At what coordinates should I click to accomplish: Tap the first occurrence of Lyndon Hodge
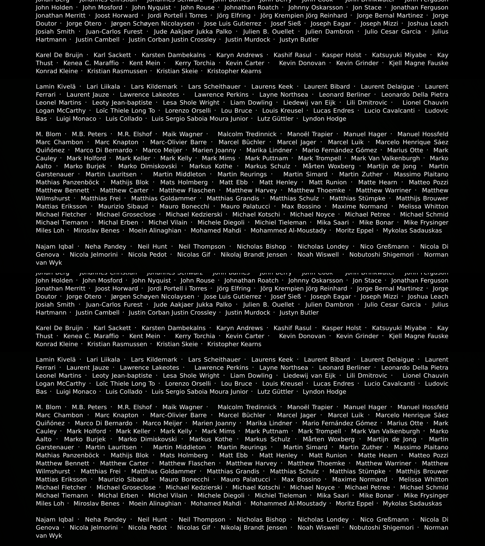324,119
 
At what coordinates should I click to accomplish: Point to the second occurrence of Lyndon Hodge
324,392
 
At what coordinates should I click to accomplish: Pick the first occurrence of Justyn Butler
299,40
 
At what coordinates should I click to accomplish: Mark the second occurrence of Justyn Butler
299,313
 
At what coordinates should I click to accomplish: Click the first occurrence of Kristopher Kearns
234,71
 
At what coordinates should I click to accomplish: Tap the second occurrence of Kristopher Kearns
234,344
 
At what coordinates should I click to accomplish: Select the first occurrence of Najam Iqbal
55,247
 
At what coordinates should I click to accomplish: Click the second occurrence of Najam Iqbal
55,520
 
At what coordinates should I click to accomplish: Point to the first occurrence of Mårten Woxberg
329,166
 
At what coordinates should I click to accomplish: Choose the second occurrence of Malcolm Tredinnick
247,407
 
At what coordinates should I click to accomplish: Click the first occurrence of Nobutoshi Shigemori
381,255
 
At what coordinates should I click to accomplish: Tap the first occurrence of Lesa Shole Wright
191,103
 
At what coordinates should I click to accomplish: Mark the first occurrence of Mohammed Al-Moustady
288,231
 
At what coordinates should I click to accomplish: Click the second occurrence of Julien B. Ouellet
268,305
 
